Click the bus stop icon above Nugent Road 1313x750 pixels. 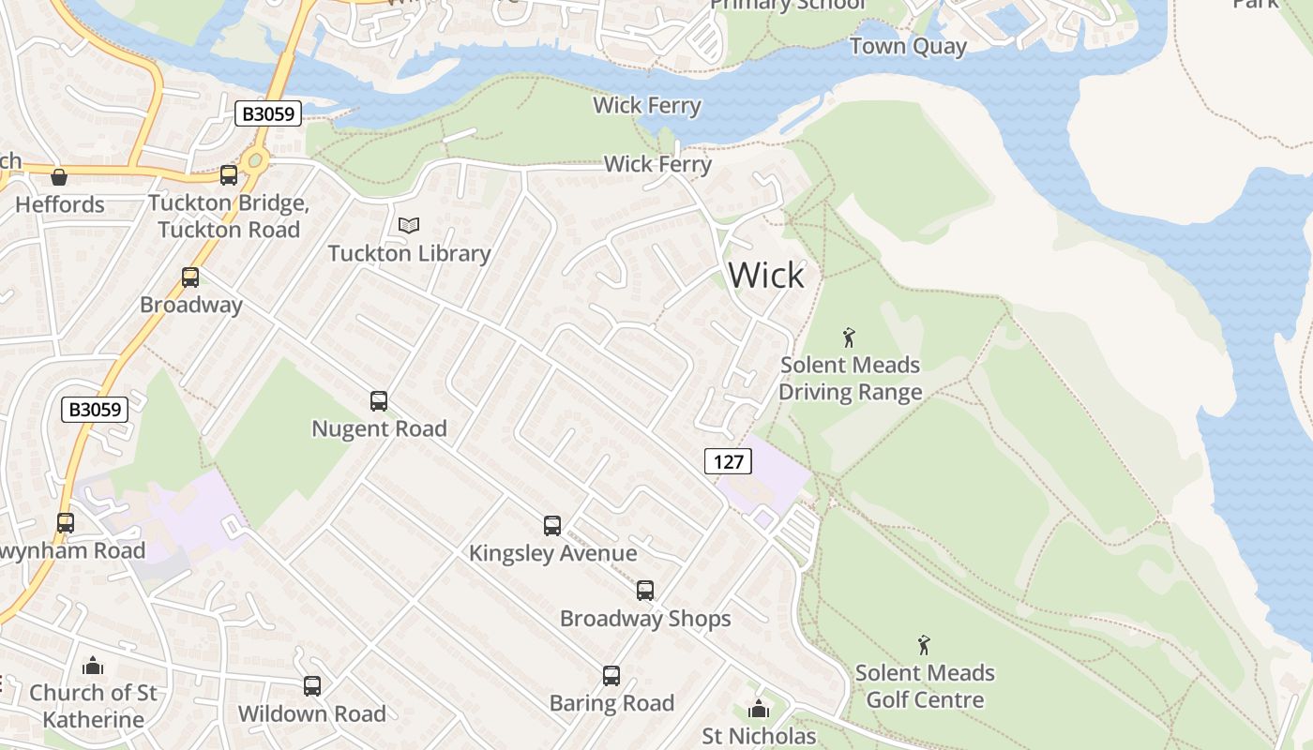coord(379,401)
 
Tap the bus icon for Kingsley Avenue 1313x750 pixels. coord(552,526)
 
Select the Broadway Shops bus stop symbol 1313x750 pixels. coord(645,591)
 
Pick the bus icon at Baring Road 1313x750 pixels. coord(611,676)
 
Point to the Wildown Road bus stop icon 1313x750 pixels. coord(312,686)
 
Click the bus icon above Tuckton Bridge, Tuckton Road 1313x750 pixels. coord(228,175)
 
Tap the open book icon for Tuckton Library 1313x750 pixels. coord(409,225)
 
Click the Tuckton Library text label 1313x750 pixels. coord(409,253)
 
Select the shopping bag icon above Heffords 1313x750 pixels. coord(59,176)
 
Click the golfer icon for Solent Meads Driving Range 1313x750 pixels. coord(850,337)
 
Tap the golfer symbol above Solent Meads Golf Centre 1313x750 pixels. coord(925,645)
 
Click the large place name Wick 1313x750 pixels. coord(766,276)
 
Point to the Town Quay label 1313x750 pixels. coord(908,47)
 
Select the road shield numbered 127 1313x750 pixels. coord(728,460)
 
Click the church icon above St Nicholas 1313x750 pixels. coord(759,709)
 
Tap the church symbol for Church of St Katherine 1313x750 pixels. coord(93,666)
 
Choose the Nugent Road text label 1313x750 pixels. coord(379,428)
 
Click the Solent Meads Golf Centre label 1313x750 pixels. coord(925,686)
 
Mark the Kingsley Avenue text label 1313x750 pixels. coord(552,553)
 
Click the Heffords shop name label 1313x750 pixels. coord(60,204)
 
